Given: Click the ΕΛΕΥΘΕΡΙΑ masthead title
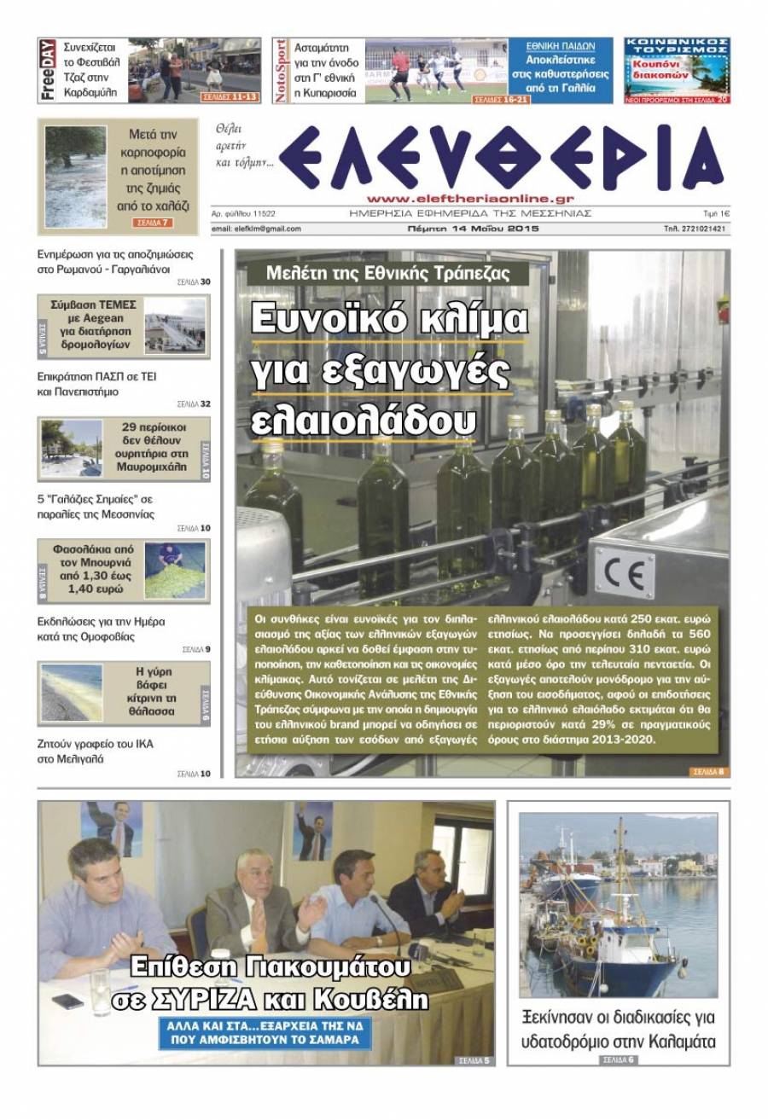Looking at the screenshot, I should pyautogui.click(x=503, y=159).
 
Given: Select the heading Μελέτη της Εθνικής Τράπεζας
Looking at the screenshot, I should pyautogui.click(x=388, y=274).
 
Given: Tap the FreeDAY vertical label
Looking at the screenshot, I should pyautogui.click(x=48, y=71).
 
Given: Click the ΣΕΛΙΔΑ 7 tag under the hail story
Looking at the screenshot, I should pyautogui.click(x=153, y=223).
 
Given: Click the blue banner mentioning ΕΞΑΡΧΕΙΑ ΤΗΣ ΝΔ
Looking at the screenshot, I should pyautogui.click(x=265, y=1032).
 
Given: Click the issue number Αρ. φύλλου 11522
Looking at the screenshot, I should pyautogui.click(x=249, y=213).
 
